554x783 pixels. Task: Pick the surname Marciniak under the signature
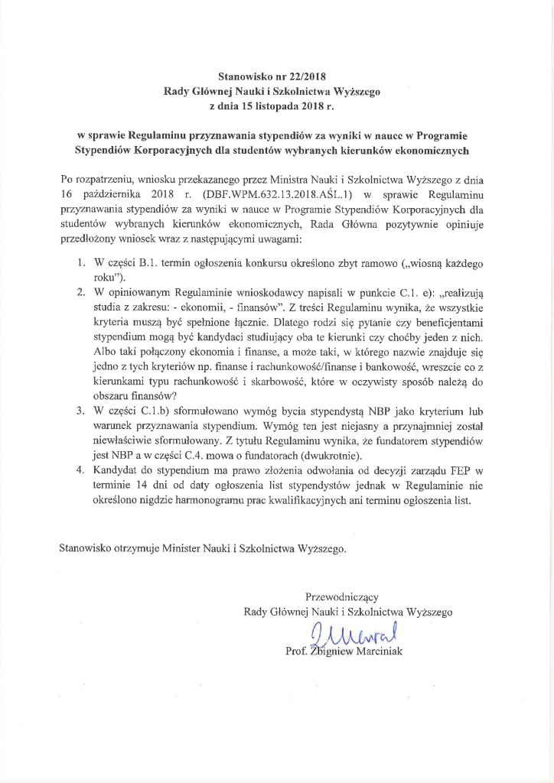coord(375,651)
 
